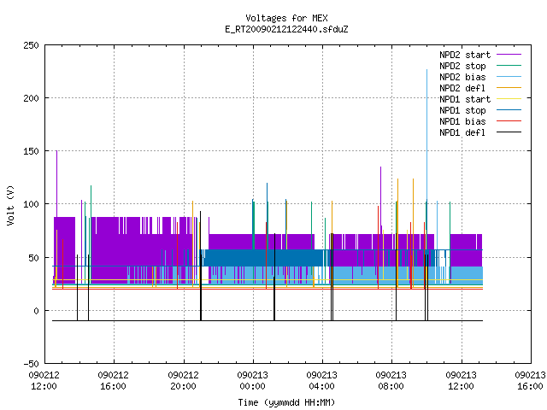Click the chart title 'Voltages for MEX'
pos(286,18)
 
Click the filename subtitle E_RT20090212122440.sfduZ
pos(286,29)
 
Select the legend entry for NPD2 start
pos(480,55)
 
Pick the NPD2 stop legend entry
pos(480,66)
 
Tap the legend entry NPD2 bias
pos(480,77)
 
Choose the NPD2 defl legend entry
pos(480,88)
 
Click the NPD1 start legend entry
pos(480,99)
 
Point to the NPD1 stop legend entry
pos(480,110)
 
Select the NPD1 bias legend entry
pos(480,121)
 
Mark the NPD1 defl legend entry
pos(480,133)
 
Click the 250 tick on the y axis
pos(31,45)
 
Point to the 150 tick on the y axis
pos(31,151)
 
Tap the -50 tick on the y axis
pos(31,364)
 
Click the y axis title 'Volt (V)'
pos(10,205)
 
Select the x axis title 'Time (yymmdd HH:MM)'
pos(286,402)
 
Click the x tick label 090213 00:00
pos(253,381)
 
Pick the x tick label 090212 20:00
pos(183,381)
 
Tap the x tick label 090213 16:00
pos(530,381)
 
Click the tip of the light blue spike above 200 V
pos(426,70)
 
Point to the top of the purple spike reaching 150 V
pos(57,151)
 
